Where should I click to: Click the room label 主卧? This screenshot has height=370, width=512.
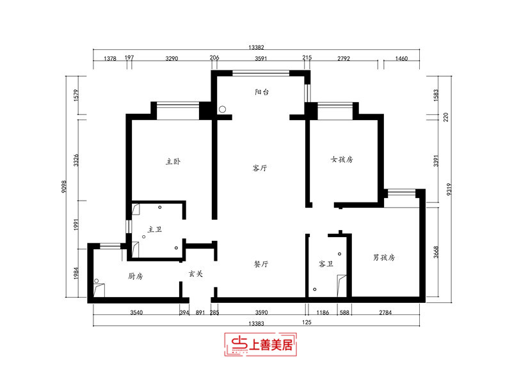pos(173,162)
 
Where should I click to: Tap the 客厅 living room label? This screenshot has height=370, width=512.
pos(259,169)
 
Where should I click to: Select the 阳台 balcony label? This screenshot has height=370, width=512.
pos(262,92)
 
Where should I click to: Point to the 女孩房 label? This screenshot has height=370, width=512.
pos(342,159)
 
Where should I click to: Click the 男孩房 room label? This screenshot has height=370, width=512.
pos(384,258)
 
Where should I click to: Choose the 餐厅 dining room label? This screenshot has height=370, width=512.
pos(260,263)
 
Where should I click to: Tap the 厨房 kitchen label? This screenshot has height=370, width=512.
pos(135,276)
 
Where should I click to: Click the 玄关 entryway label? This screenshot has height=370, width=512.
pos(195,274)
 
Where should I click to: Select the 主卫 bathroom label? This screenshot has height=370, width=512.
pos(155,229)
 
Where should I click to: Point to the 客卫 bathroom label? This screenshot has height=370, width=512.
pos(326,263)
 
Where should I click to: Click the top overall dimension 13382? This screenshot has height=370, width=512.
pos(257,47)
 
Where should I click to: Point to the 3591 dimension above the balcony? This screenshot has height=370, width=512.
pos(260,58)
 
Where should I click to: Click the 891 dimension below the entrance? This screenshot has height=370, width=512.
pos(200,312)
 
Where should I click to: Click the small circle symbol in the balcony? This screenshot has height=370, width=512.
pos(222,109)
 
